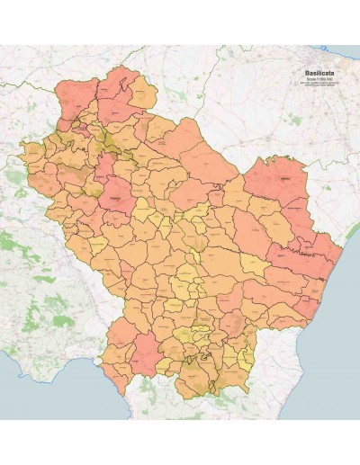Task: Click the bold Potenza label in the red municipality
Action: pos(115,193)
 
